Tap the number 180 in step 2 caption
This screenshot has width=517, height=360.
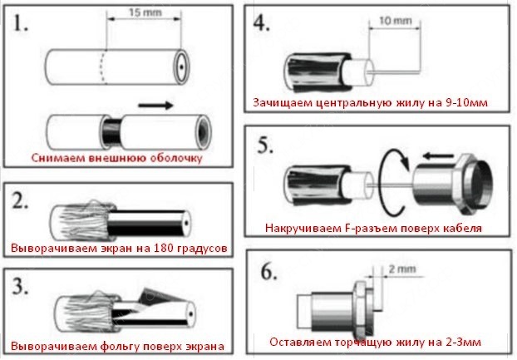tap(145, 248)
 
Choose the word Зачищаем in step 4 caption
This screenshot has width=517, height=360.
tap(281, 103)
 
